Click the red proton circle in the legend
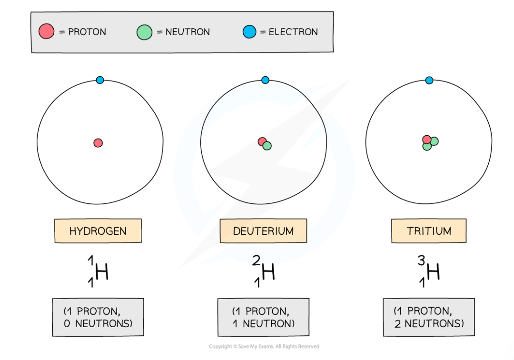click(x=46, y=32)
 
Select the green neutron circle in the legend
click(x=144, y=32)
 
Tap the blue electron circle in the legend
click(x=249, y=32)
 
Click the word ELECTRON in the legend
click(x=293, y=32)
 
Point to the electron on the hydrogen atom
click(x=99, y=80)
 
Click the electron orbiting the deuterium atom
click(x=265, y=80)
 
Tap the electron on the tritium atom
click(x=429, y=80)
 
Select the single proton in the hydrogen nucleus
click(x=98, y=142)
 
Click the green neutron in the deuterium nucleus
click(x=267, y=146)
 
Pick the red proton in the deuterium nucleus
click(x=261, y=141)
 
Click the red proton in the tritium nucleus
click(x=426, y=139)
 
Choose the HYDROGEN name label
click(x=98, y=231)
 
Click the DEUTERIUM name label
click(x=263, y=231)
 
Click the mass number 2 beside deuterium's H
click(x=256, y=260)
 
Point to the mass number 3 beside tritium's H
click(x=421, y=260)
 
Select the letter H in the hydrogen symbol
click(x=102, y=272)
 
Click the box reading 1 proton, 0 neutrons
click(x=98, y=317)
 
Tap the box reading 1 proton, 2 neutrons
click(x=428, y=317)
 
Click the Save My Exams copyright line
click(x=264, y=347)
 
